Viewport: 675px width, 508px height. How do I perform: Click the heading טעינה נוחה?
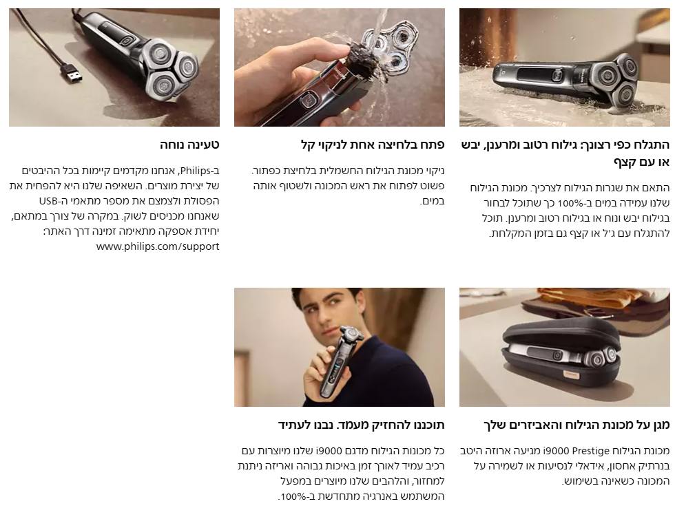(x=189, y=145)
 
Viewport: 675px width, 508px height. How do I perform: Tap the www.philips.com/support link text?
(x=158, y=246)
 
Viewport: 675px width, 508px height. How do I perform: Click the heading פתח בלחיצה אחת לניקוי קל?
(x=373, y=145)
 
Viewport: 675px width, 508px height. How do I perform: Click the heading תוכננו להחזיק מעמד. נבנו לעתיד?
(x=361, y=425)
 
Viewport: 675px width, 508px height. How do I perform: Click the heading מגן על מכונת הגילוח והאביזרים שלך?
(x=577, y=425)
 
